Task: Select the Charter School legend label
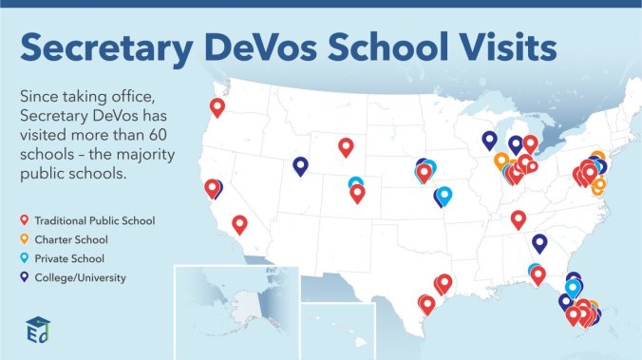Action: (x=70, y=239)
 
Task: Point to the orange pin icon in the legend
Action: (x=24, y=239)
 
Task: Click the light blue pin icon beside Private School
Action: (x=24, y=258)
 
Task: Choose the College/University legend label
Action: (x=80, y=277)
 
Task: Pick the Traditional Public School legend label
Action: (x=94, y=220)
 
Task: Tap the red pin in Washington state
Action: (x=217, y=107)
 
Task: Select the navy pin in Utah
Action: (x=300, y=165)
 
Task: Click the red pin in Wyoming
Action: (x=346, y=146)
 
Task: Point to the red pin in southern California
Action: (x=239, y=223)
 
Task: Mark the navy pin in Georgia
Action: (x=539, y=242)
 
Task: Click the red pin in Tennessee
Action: (x=518, y=219)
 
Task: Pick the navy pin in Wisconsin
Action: (x=489, y=140)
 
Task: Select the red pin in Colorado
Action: (x=357, y=193)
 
